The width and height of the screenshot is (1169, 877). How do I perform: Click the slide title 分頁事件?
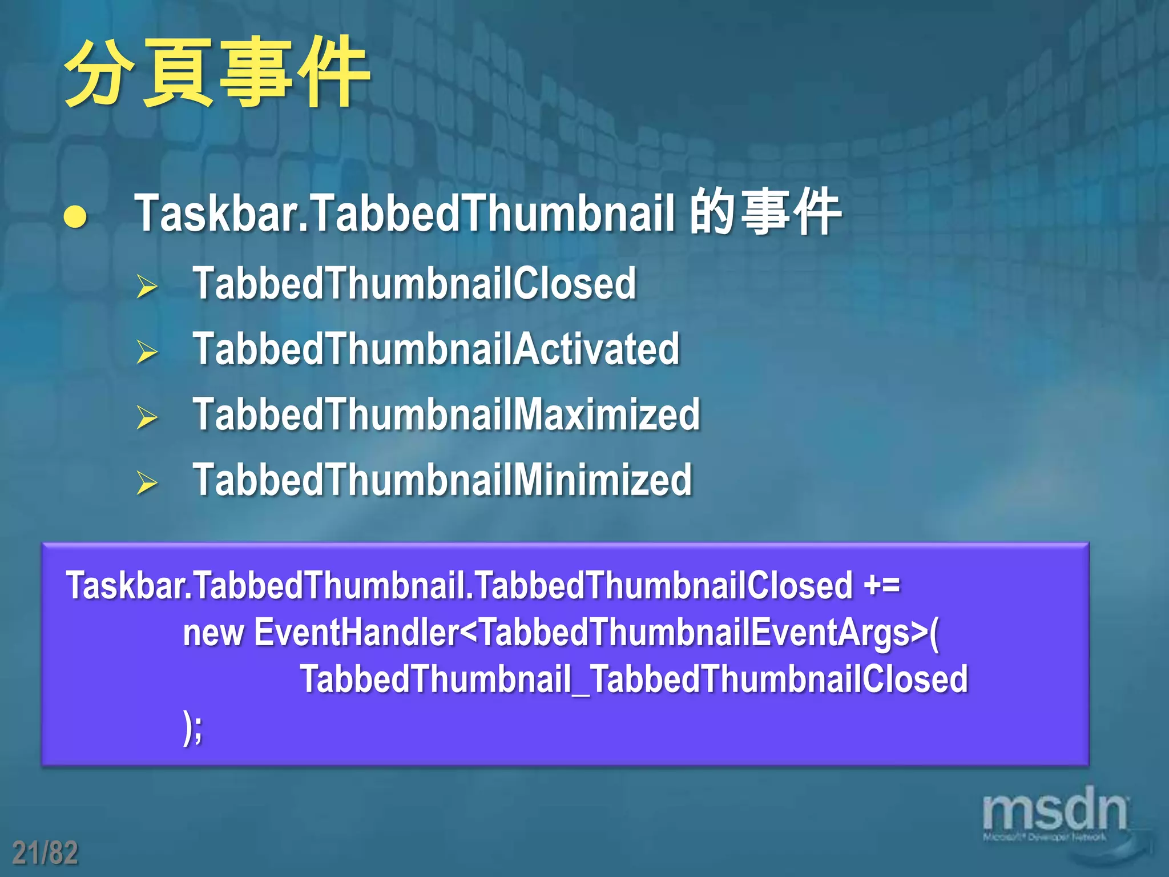217,73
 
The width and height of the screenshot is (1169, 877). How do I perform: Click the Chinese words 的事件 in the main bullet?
765,212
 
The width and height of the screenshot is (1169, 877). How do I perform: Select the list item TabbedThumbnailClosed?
414,284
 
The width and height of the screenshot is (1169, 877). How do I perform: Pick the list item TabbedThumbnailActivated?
436,349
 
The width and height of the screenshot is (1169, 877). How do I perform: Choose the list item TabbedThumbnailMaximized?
446,415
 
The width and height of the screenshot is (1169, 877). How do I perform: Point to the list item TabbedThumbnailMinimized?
442,480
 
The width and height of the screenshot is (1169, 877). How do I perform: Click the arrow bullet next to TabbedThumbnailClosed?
147,286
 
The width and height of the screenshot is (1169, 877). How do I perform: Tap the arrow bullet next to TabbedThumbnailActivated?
147,352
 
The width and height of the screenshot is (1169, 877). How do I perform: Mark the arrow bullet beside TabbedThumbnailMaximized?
147,417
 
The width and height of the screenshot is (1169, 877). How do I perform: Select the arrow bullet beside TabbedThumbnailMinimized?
147,483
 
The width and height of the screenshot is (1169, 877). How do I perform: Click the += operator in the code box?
882,586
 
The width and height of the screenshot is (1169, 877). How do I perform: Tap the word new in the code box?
213,634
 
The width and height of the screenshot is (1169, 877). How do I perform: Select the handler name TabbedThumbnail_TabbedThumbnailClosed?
634,679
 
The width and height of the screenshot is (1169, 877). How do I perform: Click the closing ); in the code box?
193,727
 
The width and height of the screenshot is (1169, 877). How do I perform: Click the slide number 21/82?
45,853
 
